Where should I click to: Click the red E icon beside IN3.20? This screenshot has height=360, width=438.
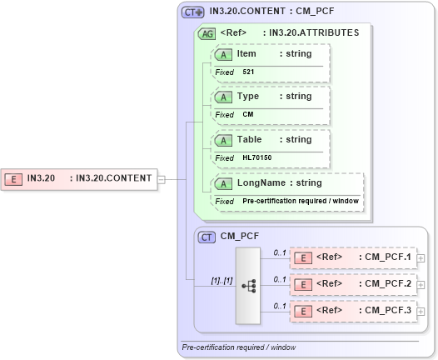click(x=14, y=178)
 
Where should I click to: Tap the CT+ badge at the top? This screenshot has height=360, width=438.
click(x=193, y=12)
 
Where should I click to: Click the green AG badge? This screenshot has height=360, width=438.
click(x=206, y=33)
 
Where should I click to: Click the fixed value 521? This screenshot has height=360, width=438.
click(x=249, y=72)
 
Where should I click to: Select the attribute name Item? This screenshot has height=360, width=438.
click(x=246, y=54)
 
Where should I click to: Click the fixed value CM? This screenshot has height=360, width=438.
click(x=247, y=115)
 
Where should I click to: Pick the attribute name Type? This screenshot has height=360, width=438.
click(x=248, y=97)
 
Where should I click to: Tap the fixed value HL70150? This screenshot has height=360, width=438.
click(x=256, y=157)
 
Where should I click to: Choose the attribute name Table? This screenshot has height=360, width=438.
click(x=250, y=140)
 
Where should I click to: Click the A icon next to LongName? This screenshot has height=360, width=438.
click(x=222, y=183)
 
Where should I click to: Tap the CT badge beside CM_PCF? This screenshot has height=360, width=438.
click(x=207, y=237)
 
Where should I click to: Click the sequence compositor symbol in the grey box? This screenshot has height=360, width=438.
click(x=248, y=284)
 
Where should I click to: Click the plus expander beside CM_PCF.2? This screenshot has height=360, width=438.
click(x=421, y=284)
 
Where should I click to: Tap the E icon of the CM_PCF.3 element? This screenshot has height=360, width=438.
click(x=304, y=311)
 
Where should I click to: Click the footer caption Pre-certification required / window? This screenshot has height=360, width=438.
click(x=238, y=347)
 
